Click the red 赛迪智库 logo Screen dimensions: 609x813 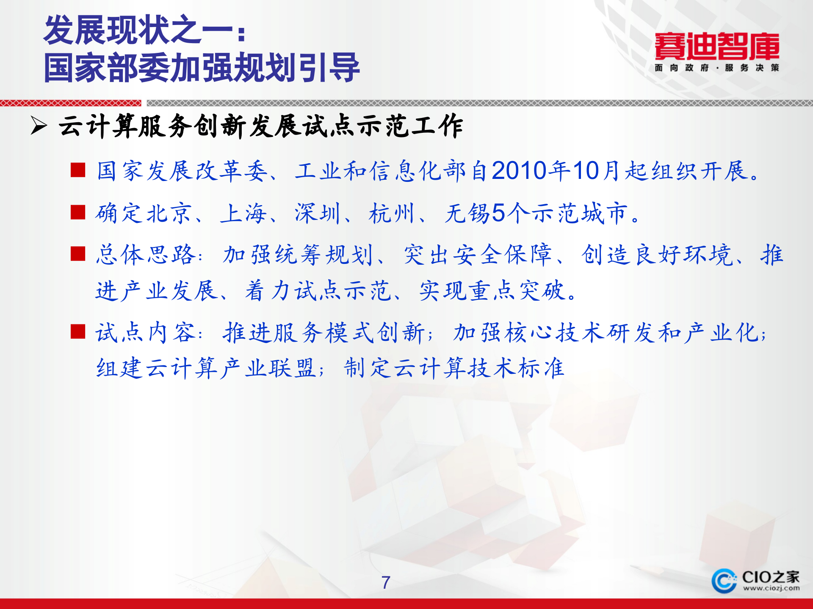[x=716, y=47]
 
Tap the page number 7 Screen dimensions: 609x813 [x=385, y=583]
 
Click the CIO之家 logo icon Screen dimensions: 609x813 [x=724, y=580]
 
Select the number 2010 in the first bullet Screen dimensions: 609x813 [x=519, y=171]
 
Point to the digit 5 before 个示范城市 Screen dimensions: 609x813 [x=498, y=213]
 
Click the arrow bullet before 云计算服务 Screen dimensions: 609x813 [x=39, y=126]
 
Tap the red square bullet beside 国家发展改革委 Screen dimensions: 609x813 [x=78, y=170]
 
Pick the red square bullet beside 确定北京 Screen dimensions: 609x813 [x=78, y=212]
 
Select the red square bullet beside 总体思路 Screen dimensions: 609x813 [x=78, y=254]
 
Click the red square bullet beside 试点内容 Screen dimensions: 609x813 [x=78, y=332]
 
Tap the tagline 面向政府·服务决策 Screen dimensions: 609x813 [x=716, y=68]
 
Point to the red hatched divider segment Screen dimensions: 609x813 [x=70, y=103]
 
